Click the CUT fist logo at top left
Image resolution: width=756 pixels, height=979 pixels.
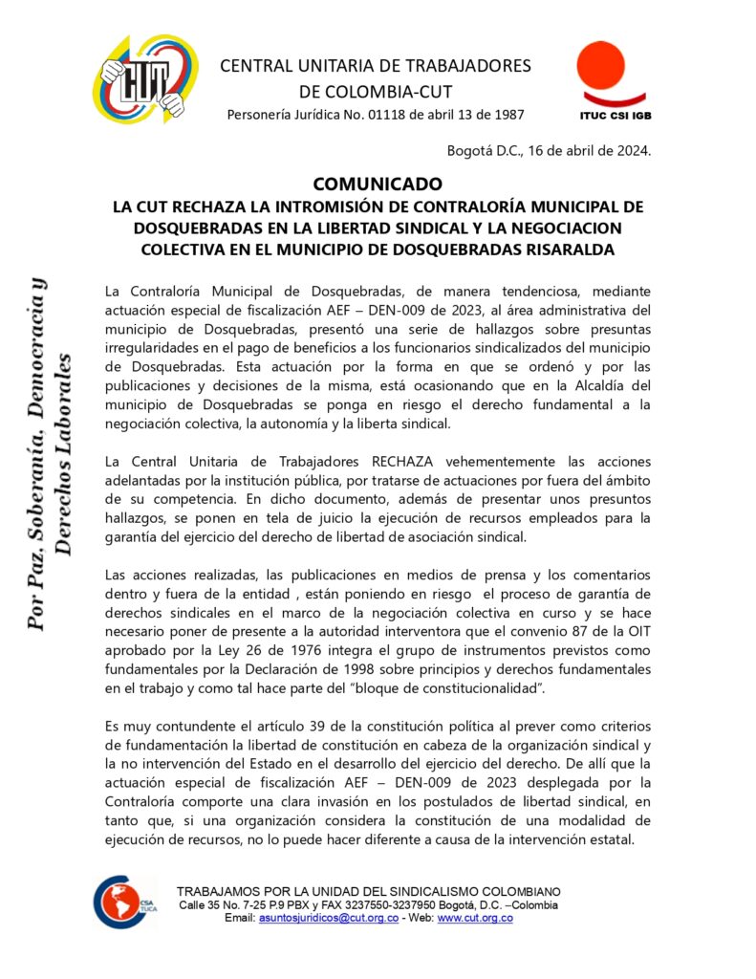pos(145,78)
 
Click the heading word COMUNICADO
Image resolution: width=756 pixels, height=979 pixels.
pos(378,184)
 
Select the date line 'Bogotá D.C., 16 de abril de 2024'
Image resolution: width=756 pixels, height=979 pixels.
pos(549,150)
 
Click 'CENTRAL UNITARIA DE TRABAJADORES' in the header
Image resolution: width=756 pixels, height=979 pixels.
pos(375,66)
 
